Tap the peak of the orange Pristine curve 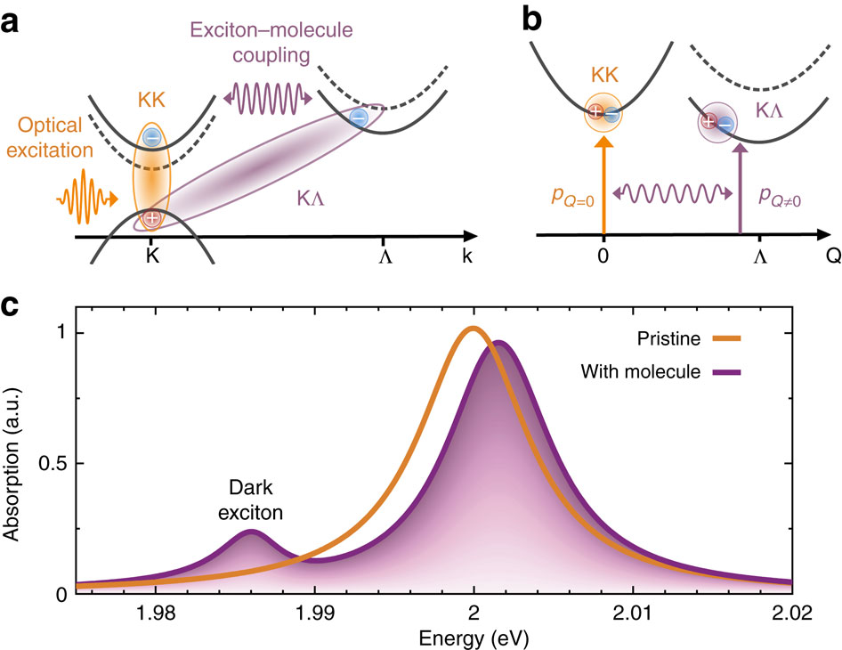click(473, 329)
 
